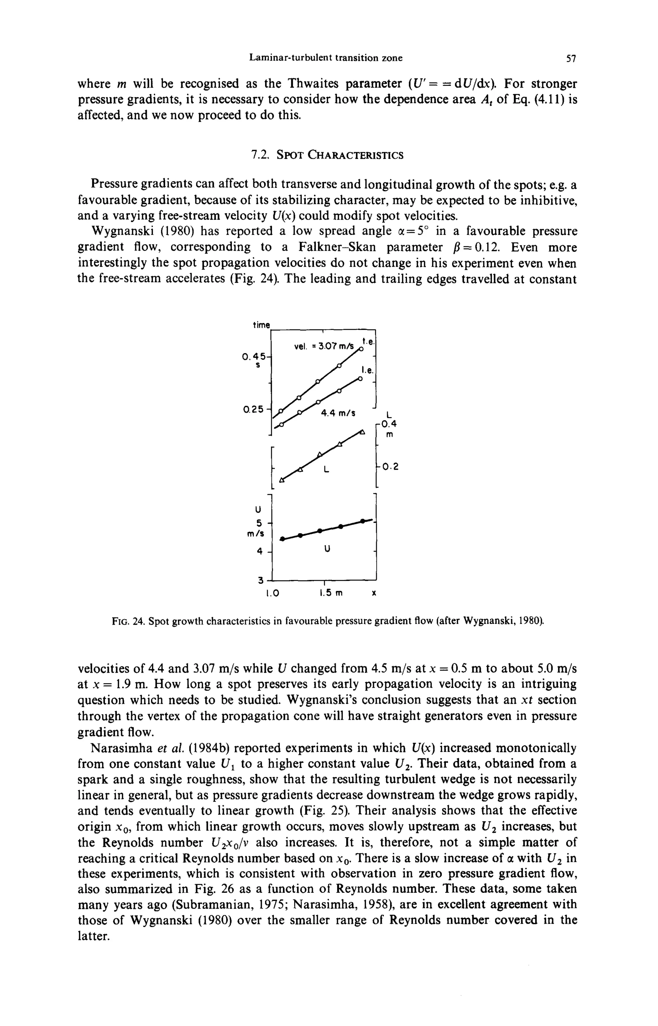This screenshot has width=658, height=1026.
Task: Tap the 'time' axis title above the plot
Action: click(x=261, y=325)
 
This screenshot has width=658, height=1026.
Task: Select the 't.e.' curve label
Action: click(x=368, y=341)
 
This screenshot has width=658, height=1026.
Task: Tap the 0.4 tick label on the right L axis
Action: click(x=389, y=424)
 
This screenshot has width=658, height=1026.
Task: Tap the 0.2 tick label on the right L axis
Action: click(x=390, y=467)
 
